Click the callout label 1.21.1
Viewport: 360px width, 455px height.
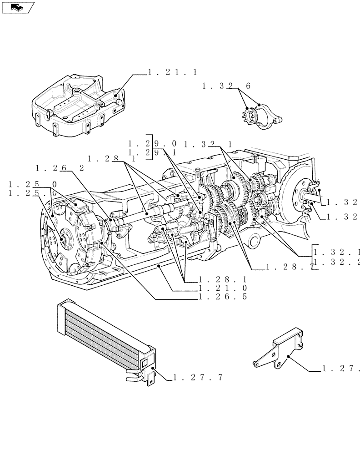tap(172, 72)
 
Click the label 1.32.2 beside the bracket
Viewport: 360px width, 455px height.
tap(337, 261)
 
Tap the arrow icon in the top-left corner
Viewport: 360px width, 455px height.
tap(17, 7)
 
